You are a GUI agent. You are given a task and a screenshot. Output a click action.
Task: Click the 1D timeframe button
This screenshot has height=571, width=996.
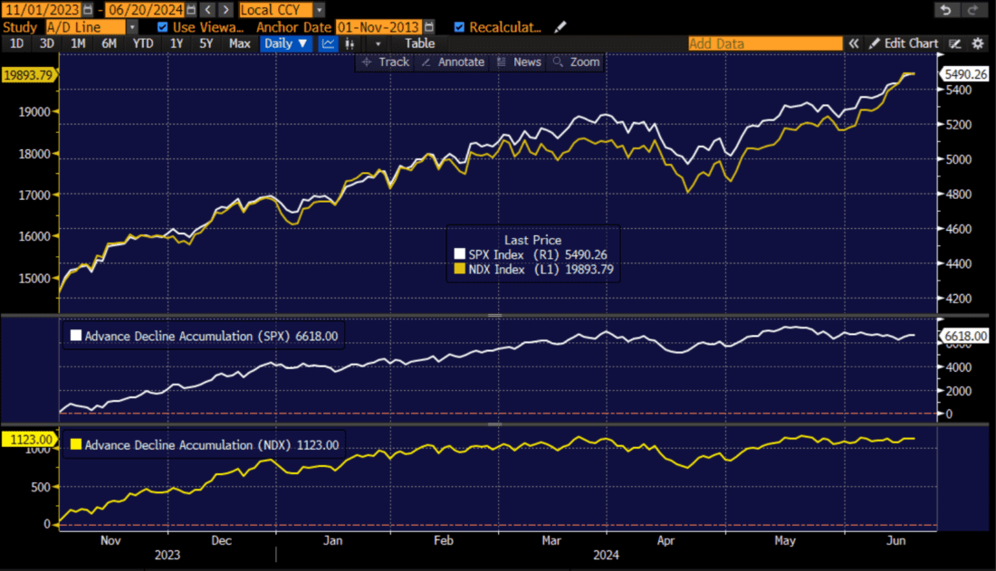pos(16,43)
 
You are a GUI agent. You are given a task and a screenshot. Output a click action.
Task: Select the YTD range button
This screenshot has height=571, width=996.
pos(142,43)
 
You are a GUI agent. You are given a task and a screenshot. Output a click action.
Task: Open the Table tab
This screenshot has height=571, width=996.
pos(419,43)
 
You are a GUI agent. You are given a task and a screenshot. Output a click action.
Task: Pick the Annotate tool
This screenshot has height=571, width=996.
pos(455,62)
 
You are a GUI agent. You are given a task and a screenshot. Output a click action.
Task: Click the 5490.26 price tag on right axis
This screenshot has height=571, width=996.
pos(965,74)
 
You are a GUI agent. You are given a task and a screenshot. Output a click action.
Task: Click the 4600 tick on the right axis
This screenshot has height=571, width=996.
pos(958,229)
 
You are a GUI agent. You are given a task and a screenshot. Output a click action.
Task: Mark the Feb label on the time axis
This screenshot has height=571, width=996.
pos(444,540)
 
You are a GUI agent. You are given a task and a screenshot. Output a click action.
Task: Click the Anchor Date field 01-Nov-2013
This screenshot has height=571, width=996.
pos(378,27)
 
